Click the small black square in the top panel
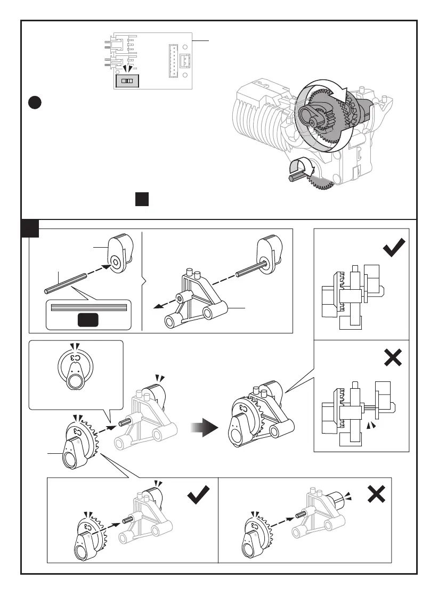(x=141, y=199)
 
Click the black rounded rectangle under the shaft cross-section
(x=88, y=320)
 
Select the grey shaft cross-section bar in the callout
(x=88, y=307)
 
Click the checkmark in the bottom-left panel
(x=198, y=496)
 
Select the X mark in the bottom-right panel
(x=376, y=495)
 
